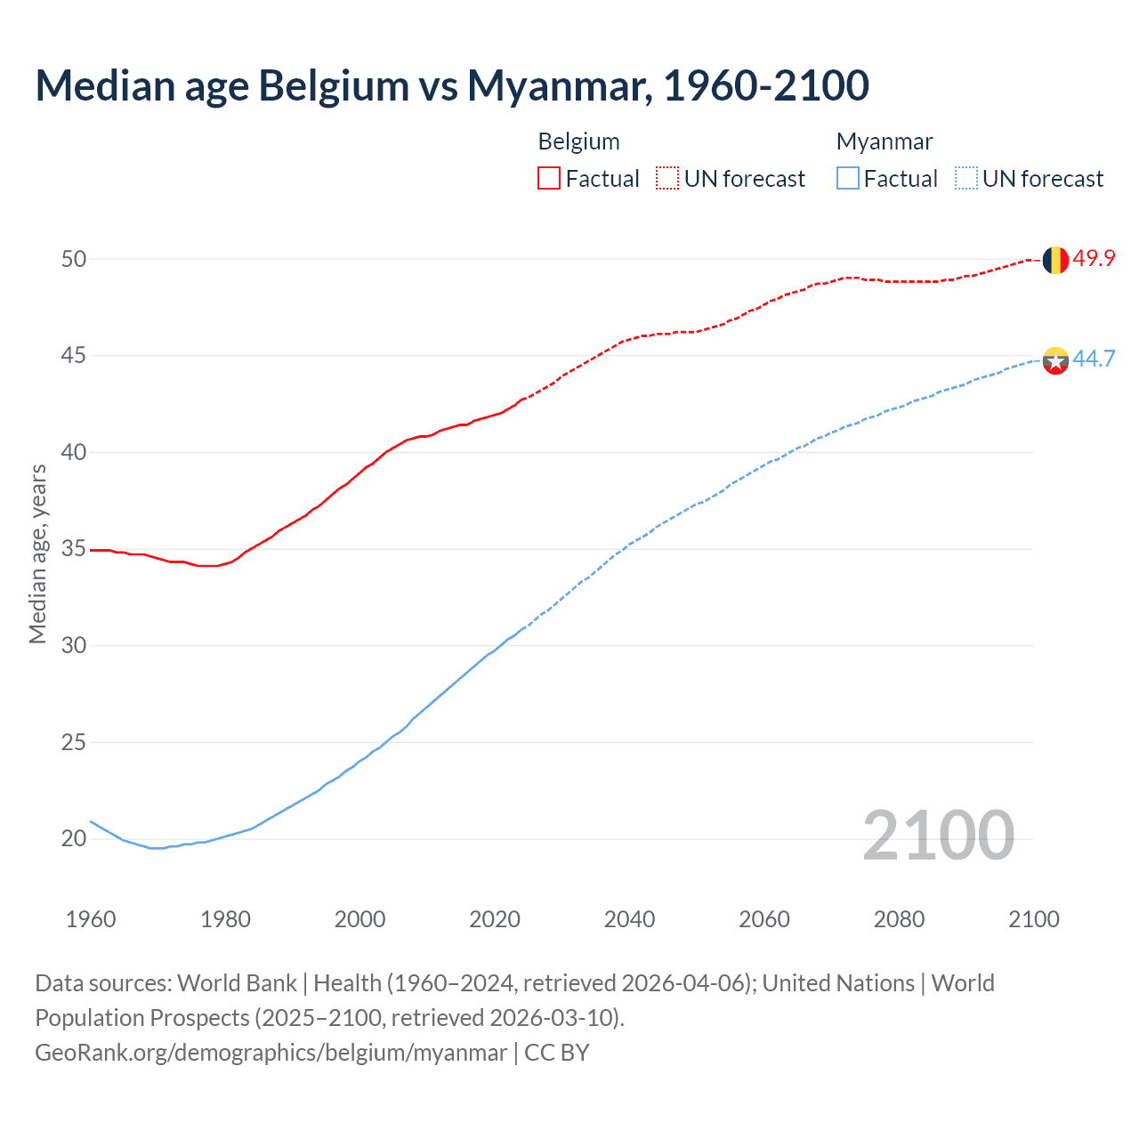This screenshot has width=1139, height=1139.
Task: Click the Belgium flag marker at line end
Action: click(1054, 260)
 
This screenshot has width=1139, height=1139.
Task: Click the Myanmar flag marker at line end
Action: click(1054, 360)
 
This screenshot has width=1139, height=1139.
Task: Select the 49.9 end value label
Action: click(1094, 259)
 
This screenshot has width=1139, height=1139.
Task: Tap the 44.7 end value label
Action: click(1094, 359)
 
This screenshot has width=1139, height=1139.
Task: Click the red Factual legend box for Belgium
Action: click(549, 179)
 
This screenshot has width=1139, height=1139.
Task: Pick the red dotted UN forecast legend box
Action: click(667, 179)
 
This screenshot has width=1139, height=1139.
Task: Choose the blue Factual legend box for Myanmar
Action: click(848, 179)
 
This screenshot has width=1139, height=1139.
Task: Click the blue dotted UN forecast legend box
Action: click(966, 179)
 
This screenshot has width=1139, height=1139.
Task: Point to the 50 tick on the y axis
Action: click(74, 259)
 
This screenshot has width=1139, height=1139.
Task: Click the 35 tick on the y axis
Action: click(74, 549)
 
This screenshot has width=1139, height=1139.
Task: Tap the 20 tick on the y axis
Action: click(74, 838)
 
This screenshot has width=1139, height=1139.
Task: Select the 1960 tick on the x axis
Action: click(91, 919)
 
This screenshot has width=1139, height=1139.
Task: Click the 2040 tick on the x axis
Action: click(629, 919)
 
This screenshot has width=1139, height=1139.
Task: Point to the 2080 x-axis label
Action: click(899, 919)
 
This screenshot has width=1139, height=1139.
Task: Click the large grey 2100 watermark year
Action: click(938, 835)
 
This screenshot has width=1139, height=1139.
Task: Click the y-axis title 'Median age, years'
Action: click(37, 553)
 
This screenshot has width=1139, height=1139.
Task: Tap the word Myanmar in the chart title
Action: click(561, 85)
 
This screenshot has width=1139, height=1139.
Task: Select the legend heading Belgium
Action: click(578, 141)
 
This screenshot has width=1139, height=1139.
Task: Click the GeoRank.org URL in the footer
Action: click(271, 1052)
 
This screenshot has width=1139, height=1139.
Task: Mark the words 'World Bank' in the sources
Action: click(237, 983)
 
